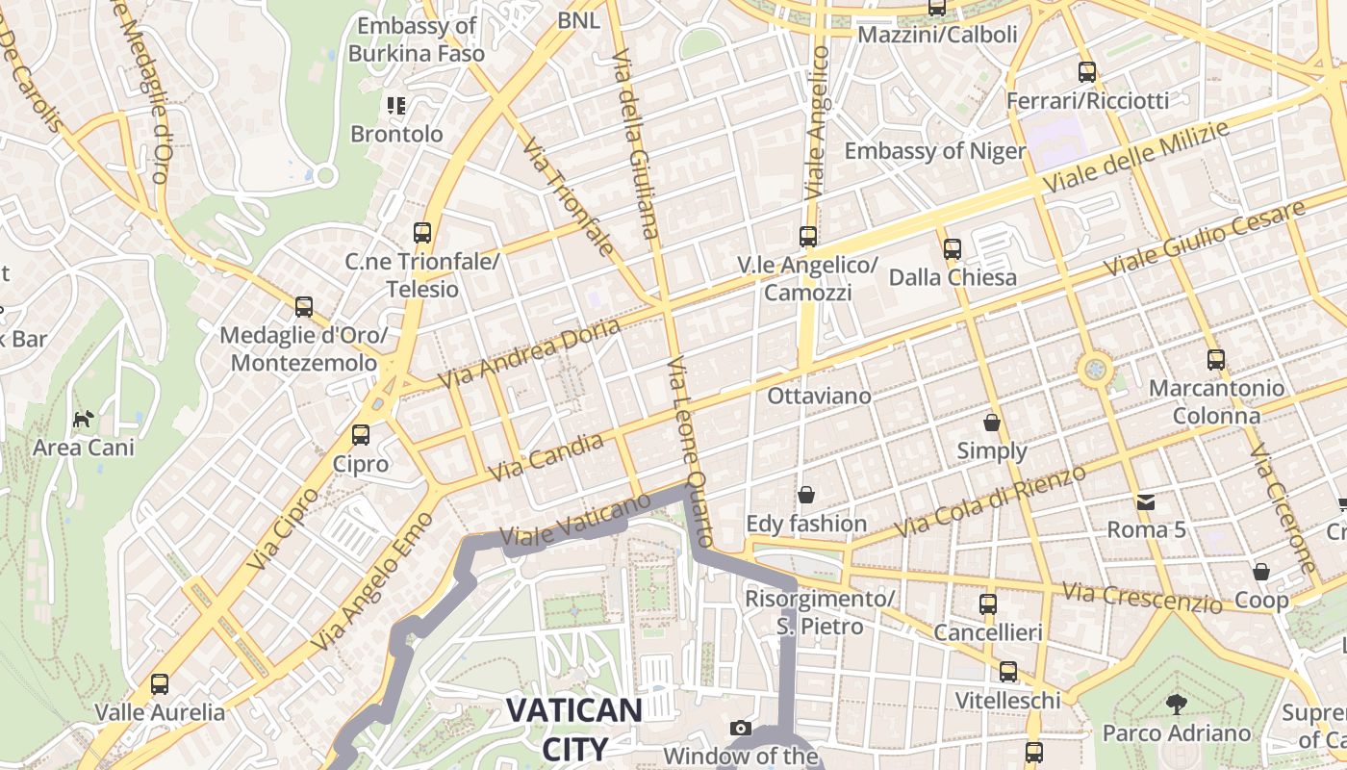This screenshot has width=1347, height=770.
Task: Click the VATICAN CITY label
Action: (574, 729)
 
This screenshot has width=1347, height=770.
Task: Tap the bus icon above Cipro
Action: (361, 435)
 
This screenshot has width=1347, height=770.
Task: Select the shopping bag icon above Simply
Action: (992, 423)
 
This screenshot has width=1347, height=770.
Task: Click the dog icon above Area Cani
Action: (84, 419)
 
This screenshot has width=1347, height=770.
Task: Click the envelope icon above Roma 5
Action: (1146, 501)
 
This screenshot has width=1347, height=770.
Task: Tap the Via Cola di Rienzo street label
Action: (990, 501)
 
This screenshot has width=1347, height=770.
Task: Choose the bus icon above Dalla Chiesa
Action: (953, 249)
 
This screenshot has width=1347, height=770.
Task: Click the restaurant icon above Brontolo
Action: (396, 105)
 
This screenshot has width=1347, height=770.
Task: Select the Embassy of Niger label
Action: (934, 151)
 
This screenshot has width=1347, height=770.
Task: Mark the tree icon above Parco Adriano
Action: (1176, 704)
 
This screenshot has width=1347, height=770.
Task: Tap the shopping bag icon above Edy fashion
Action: (806, 495)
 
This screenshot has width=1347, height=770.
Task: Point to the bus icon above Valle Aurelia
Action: (160, 684)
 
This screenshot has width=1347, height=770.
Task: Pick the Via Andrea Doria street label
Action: (530, 354)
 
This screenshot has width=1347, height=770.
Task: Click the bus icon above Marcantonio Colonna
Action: (1216, 360)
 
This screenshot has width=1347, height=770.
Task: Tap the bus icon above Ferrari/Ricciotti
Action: (1087, 72)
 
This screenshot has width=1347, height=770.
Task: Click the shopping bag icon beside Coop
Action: (1261, 572)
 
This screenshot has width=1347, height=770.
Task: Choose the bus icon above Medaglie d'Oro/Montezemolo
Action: (304, 307)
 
